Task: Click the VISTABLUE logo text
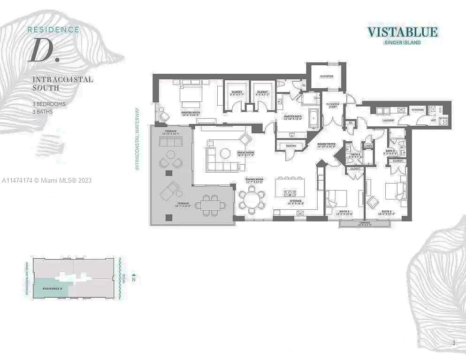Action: click(x=402, y=32)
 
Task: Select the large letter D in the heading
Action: click(x=41, y=52)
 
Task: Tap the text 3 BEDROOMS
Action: click(x=49, y=104)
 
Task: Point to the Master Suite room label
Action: click(x=191, y=113)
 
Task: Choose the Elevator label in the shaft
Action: click(x=327, y=76)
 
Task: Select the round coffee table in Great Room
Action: click(x=226, y=153)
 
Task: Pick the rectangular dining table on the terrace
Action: click(x=209, y=205)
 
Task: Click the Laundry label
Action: click(x=388, y=120)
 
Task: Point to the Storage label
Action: click(x=418, y=110)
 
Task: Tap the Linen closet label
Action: click(x=368, y=146)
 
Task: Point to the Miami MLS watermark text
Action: click(x=47, y=180)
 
